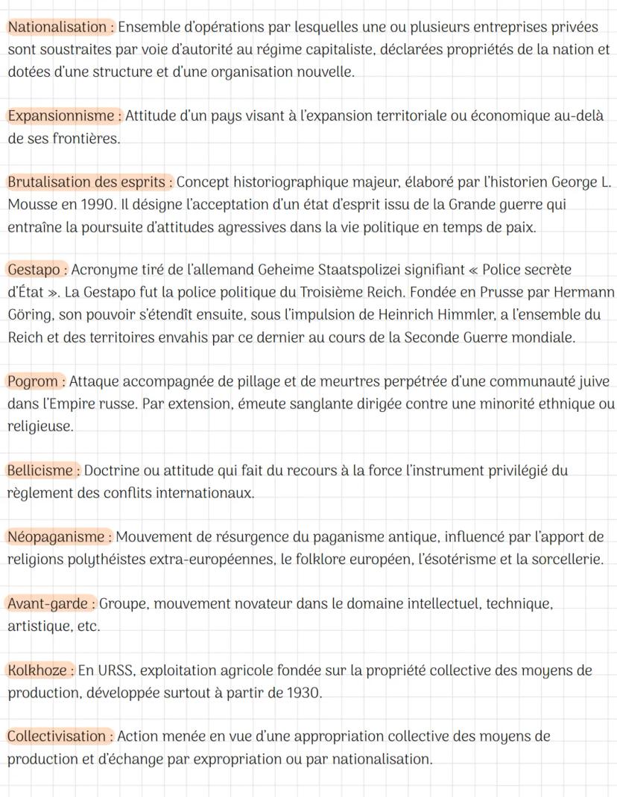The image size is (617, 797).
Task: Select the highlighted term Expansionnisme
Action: tap(62, 116)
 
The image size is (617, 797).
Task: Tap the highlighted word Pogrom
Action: tap(33, 382)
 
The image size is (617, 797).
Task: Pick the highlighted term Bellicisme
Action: tap(40, 471)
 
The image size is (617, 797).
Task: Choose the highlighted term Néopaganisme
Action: tap(56, 537)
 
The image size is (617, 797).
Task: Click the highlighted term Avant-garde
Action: tap(48, 604)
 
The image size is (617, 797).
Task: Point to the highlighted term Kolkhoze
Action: tap(37, 670)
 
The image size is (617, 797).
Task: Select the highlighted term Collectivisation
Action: tap(57, 737)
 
